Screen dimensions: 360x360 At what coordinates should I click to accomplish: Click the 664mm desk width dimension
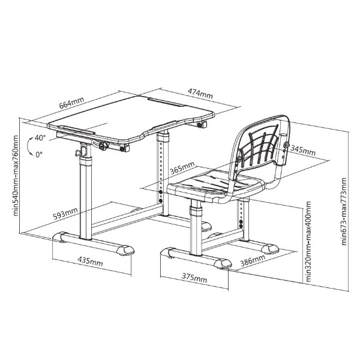[71, 103]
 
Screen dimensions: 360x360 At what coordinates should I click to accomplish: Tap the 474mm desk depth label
[200, 93]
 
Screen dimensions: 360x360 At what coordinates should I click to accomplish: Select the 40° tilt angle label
[40, 137]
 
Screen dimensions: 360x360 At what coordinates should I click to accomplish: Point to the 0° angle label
[39, 155]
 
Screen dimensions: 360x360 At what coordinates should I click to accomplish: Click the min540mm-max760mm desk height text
[16, 176]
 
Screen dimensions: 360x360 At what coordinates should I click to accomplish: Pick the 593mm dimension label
[65, 213]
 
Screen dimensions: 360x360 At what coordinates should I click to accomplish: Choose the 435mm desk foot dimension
[90, 261]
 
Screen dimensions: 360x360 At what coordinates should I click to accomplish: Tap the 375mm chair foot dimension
[194, 278]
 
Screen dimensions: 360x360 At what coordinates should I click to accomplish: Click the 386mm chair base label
[253, 260]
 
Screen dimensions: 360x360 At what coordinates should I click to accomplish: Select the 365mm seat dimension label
[182, 168]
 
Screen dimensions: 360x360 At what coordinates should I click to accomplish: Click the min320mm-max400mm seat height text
[308, 242]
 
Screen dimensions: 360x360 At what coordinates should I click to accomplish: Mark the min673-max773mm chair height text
[344, 211]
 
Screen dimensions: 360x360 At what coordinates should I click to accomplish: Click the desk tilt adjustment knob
[104, 146]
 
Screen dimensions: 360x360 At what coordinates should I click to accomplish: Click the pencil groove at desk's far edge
[166, 102]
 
